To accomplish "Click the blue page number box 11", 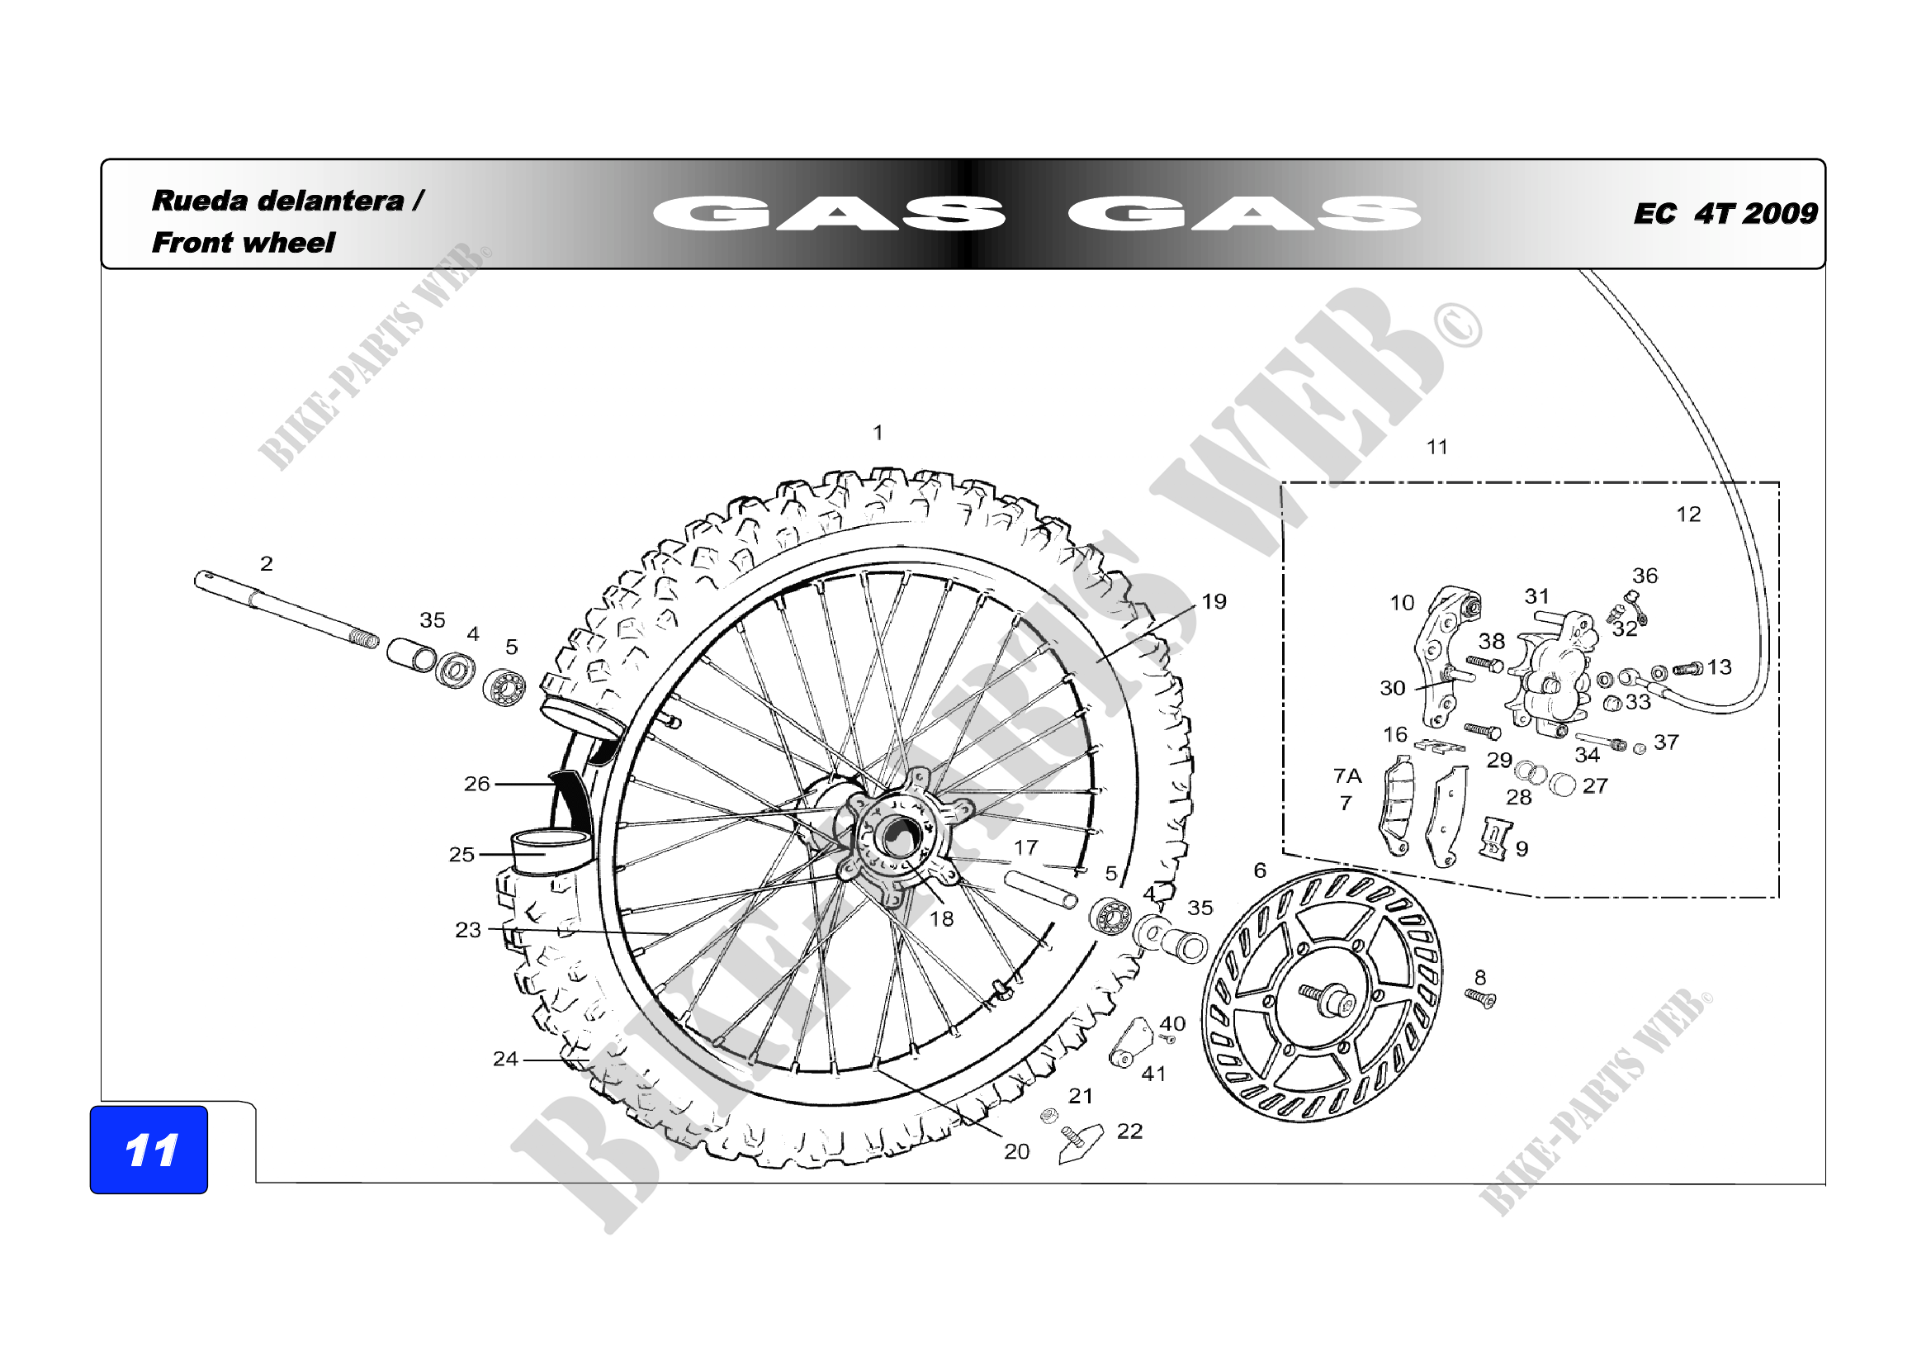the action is coord(149,1149).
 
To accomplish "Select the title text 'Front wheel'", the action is coord(243,243).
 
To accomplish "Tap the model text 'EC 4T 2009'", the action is coord(1725,214).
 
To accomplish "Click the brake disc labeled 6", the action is coord(1322,997).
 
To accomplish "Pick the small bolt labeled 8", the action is coord(1480,999).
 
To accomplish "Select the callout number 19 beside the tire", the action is coord(1214,601).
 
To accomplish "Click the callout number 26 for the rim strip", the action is coord(477,784).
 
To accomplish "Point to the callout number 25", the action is coord(461,855).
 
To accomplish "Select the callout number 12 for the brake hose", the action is coord(1689,515).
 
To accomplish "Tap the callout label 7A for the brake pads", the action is coord(1347,775).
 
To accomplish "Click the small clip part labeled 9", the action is coord(1494,838).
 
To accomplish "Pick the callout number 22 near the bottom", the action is coord(1129,1131).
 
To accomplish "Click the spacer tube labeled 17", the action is coord(1041,889).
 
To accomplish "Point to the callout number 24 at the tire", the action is coord(505,1059).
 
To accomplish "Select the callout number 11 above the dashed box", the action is coord(1437,448).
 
